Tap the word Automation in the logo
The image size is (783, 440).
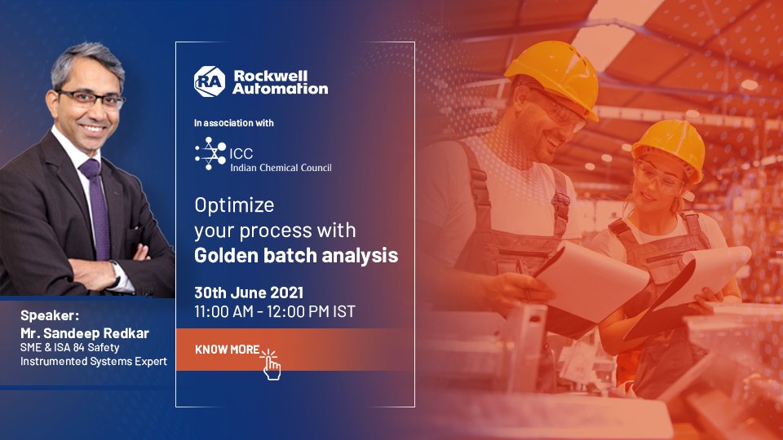280,88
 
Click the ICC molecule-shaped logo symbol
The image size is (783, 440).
210,153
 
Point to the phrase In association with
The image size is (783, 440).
233,123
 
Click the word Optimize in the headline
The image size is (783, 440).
234,204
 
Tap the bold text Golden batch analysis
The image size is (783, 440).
296,255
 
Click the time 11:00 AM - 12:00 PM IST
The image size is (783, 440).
274,311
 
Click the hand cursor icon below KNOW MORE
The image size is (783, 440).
271,366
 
